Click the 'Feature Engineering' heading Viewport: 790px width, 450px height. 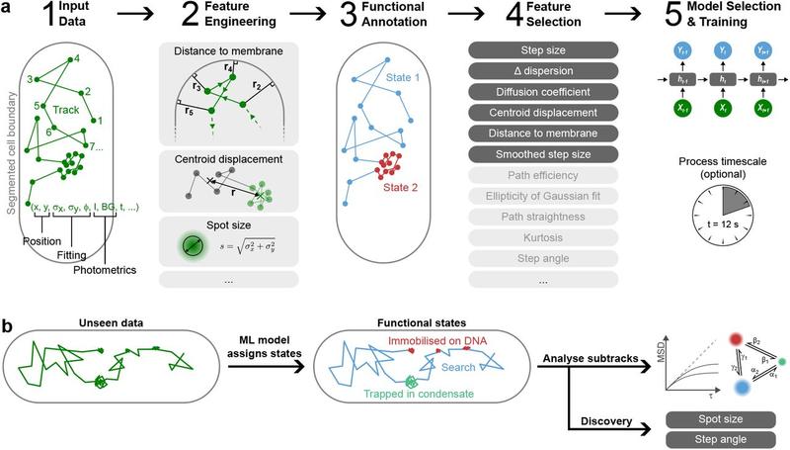click(x=235, y=25)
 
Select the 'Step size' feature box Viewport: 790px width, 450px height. click(x=542, y=49)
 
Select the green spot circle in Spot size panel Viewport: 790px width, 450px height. click(x=190, y=242)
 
